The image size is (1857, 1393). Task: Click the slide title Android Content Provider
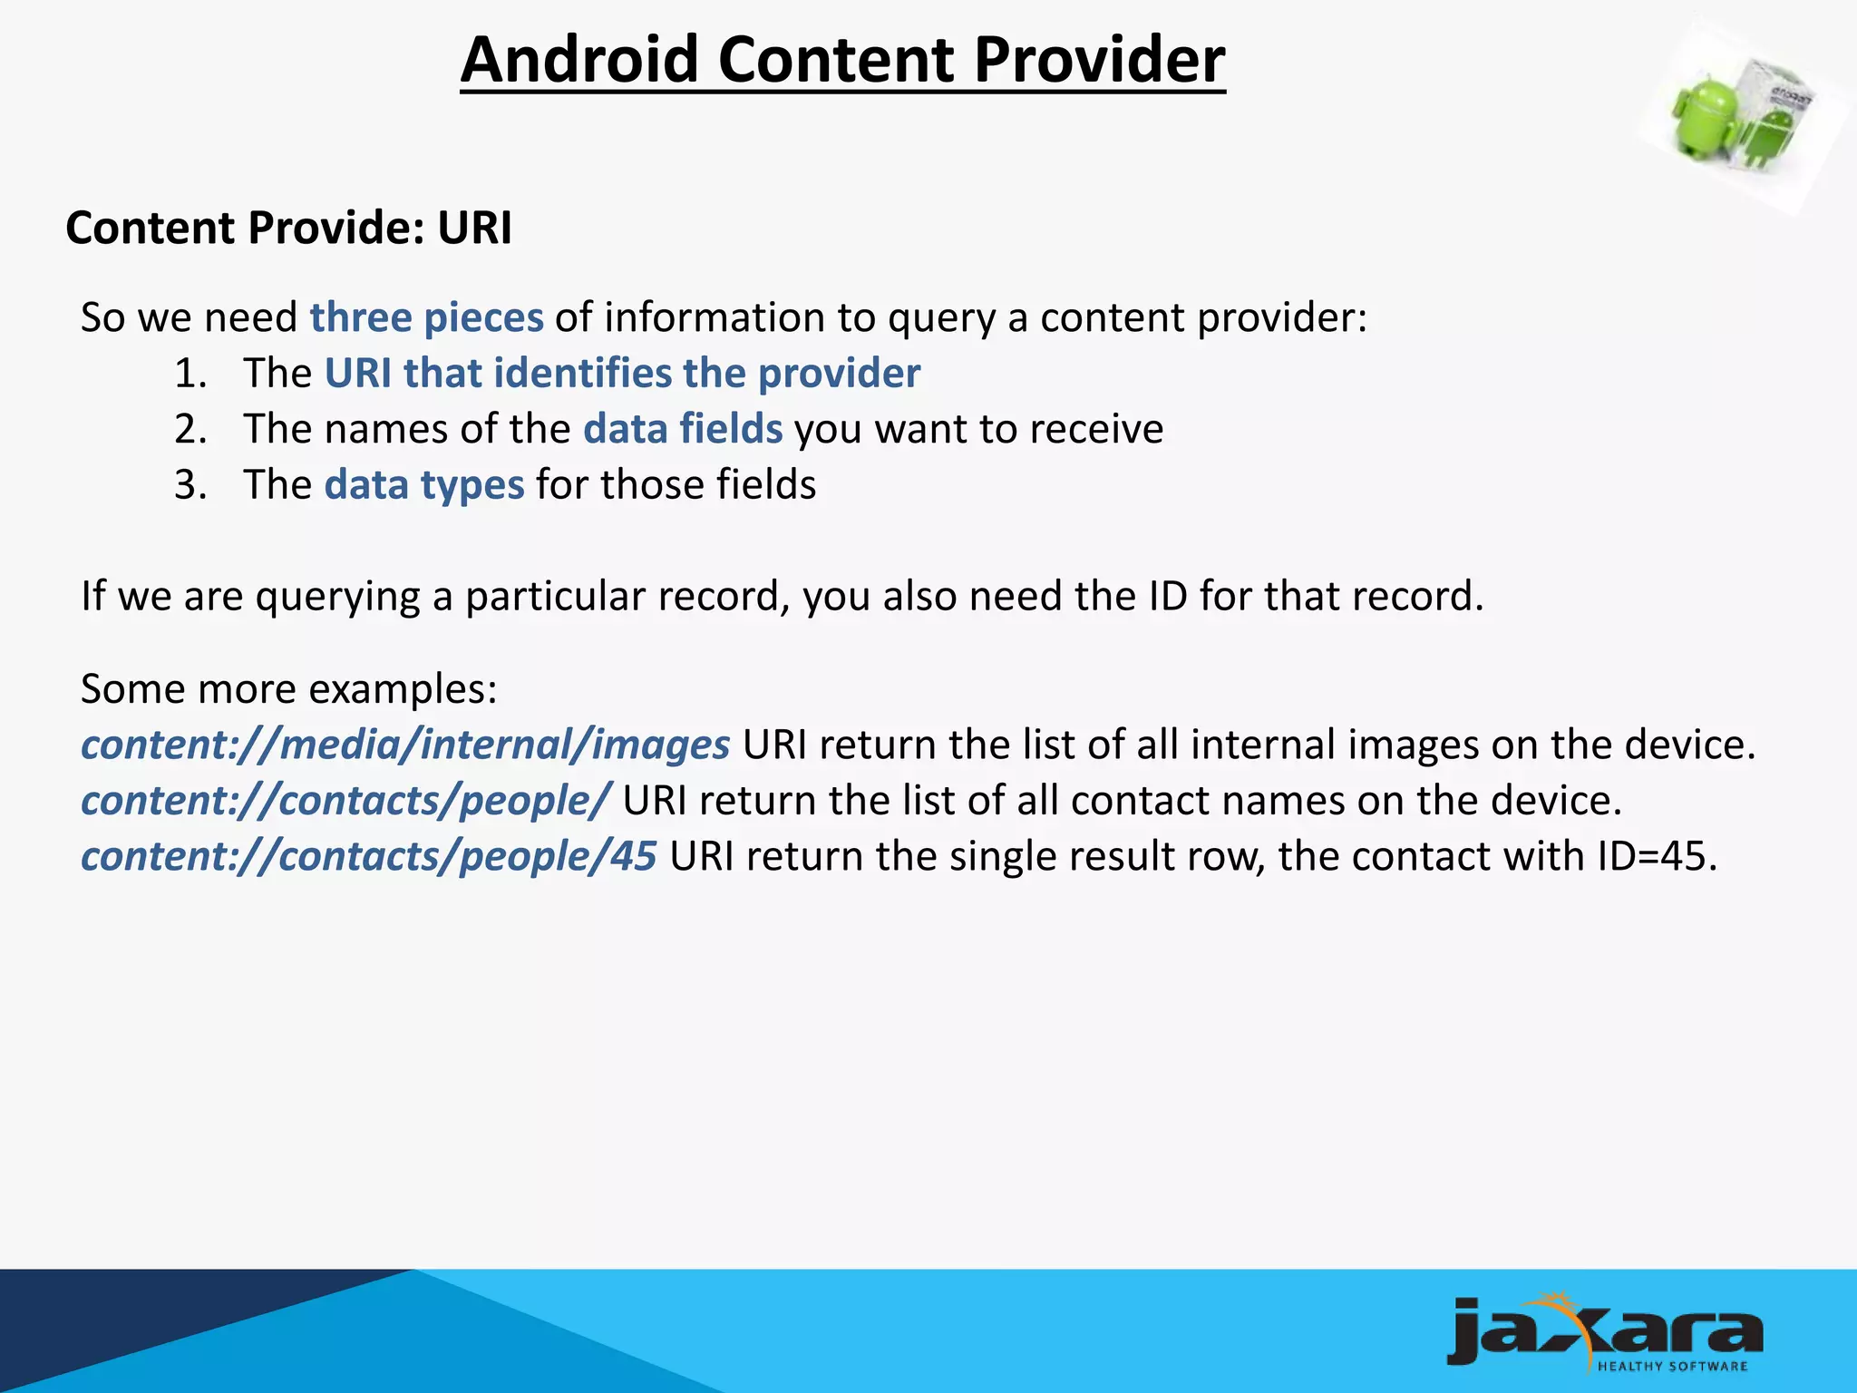(842, 60)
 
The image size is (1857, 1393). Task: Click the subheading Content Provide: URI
(288, 228)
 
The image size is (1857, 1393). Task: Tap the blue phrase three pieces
(426, 317)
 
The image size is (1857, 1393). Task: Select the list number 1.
(190, 374)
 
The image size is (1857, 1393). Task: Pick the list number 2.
(190, 429)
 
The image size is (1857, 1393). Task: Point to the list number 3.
(190, 485)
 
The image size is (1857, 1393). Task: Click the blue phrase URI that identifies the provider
(622, 374)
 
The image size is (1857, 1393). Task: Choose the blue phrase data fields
(683, 429)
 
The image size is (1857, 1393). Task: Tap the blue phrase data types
(424, 485)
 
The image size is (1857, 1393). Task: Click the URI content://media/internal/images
(405, 745)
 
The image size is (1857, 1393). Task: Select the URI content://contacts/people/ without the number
(345, 801)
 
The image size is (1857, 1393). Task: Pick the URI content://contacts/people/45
(368, 856)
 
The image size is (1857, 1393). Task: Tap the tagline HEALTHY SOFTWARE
(1672, 1366)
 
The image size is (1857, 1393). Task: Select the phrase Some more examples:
(288, 689)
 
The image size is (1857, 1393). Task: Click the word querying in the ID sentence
(337, 597)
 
